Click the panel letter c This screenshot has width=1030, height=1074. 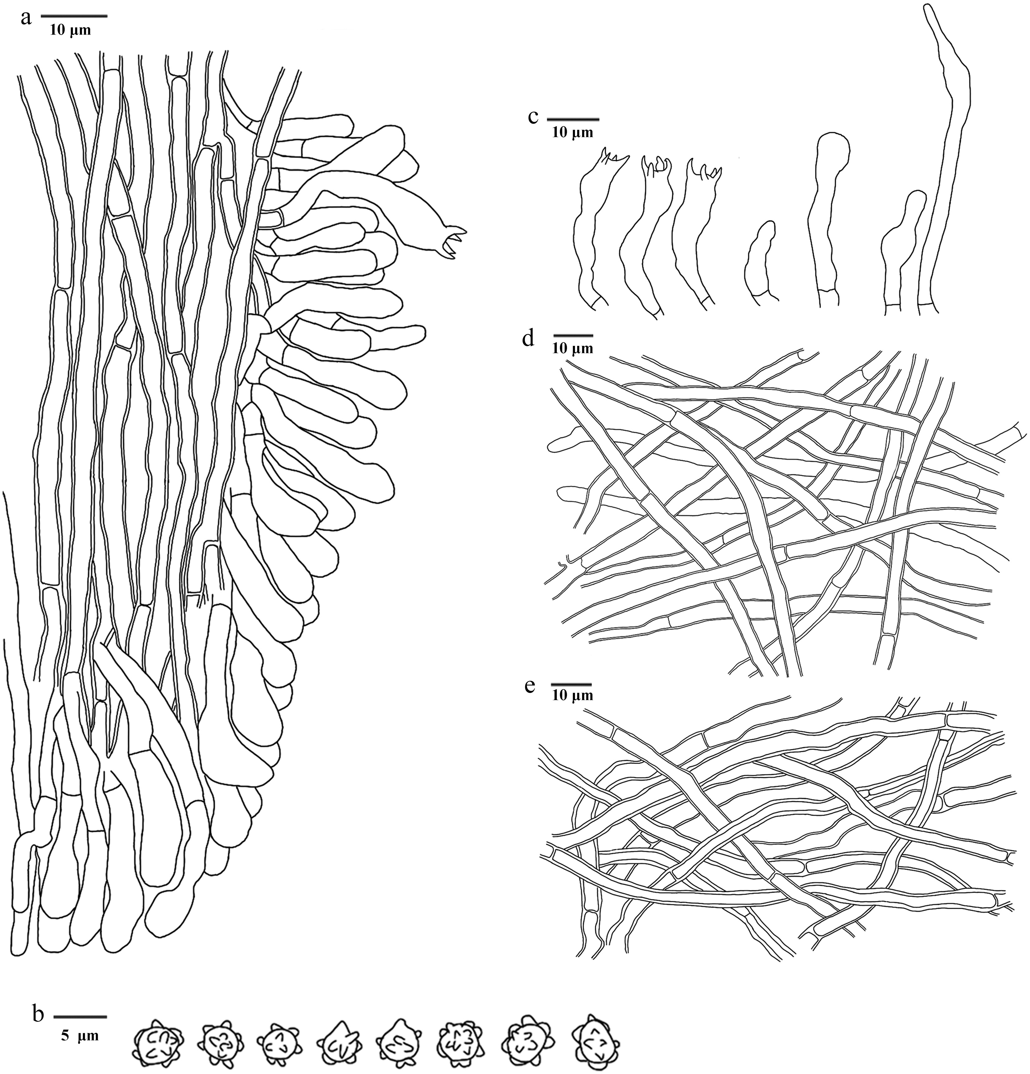(533, 117)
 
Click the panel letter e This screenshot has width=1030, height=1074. (529, 686)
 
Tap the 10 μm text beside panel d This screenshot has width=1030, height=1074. (573, 348)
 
